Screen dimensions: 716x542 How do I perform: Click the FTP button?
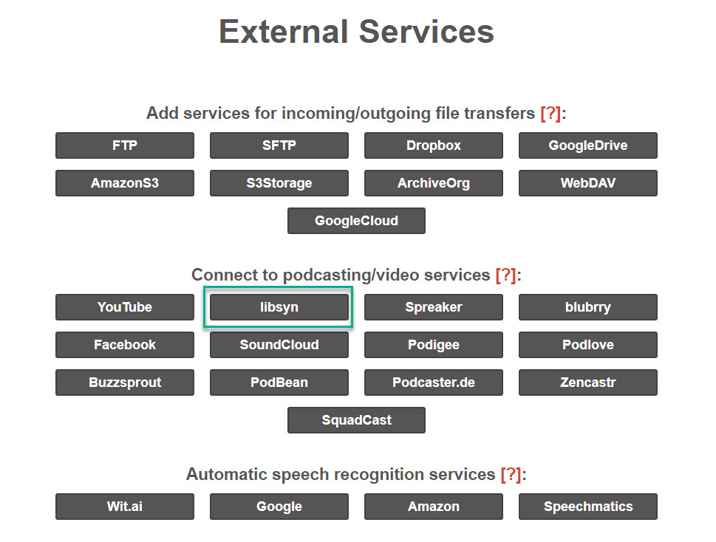pyautogui.click(x=125, y=145)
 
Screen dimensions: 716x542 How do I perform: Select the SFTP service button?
pyautogui.click(x=279, y=145)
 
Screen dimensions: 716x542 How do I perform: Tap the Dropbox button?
pyautogui.click(x=433, y=145)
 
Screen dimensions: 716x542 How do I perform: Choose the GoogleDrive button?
pyautogui.click(x=587, y=145)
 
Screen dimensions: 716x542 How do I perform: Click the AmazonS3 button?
pyautogui.click(x=125, y=183)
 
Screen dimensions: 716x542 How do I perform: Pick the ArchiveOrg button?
pyautogui.click(x=433, y=183)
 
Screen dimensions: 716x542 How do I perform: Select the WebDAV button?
pyautogui.click(x=587, y=183)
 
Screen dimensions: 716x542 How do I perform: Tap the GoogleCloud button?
pyautogui.click(x=356, y=221)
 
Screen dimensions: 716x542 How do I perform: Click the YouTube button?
pyautogui.click(x=125, y=307)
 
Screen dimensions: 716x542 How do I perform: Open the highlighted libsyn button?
pyautogui.click(x=279, y=307)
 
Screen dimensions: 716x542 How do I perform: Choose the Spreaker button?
pyautogui.click(x=433, y=307)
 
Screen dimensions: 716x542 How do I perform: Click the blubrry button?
pyautogui.click(x=587, y=307)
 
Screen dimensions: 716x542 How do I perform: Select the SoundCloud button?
pyautogui.click(x=279, y=345)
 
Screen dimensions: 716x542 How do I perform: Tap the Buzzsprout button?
pyautogui.click(x=125, y=383)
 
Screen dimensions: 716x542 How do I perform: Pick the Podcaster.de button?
pyautogui.click(x=433, y=383)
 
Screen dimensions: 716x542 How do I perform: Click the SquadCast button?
pyautogui.click(x=356, y=420)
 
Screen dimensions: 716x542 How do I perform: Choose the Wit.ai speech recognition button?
pyautogui.click(x=125, y=507)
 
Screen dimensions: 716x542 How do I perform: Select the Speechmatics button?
pyautogui.click(x=587, y=507)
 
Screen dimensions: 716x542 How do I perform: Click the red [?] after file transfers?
pyautogui.click(x=550, y=113)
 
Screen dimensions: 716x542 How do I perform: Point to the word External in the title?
pyautogui.click(x=284, y=32)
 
